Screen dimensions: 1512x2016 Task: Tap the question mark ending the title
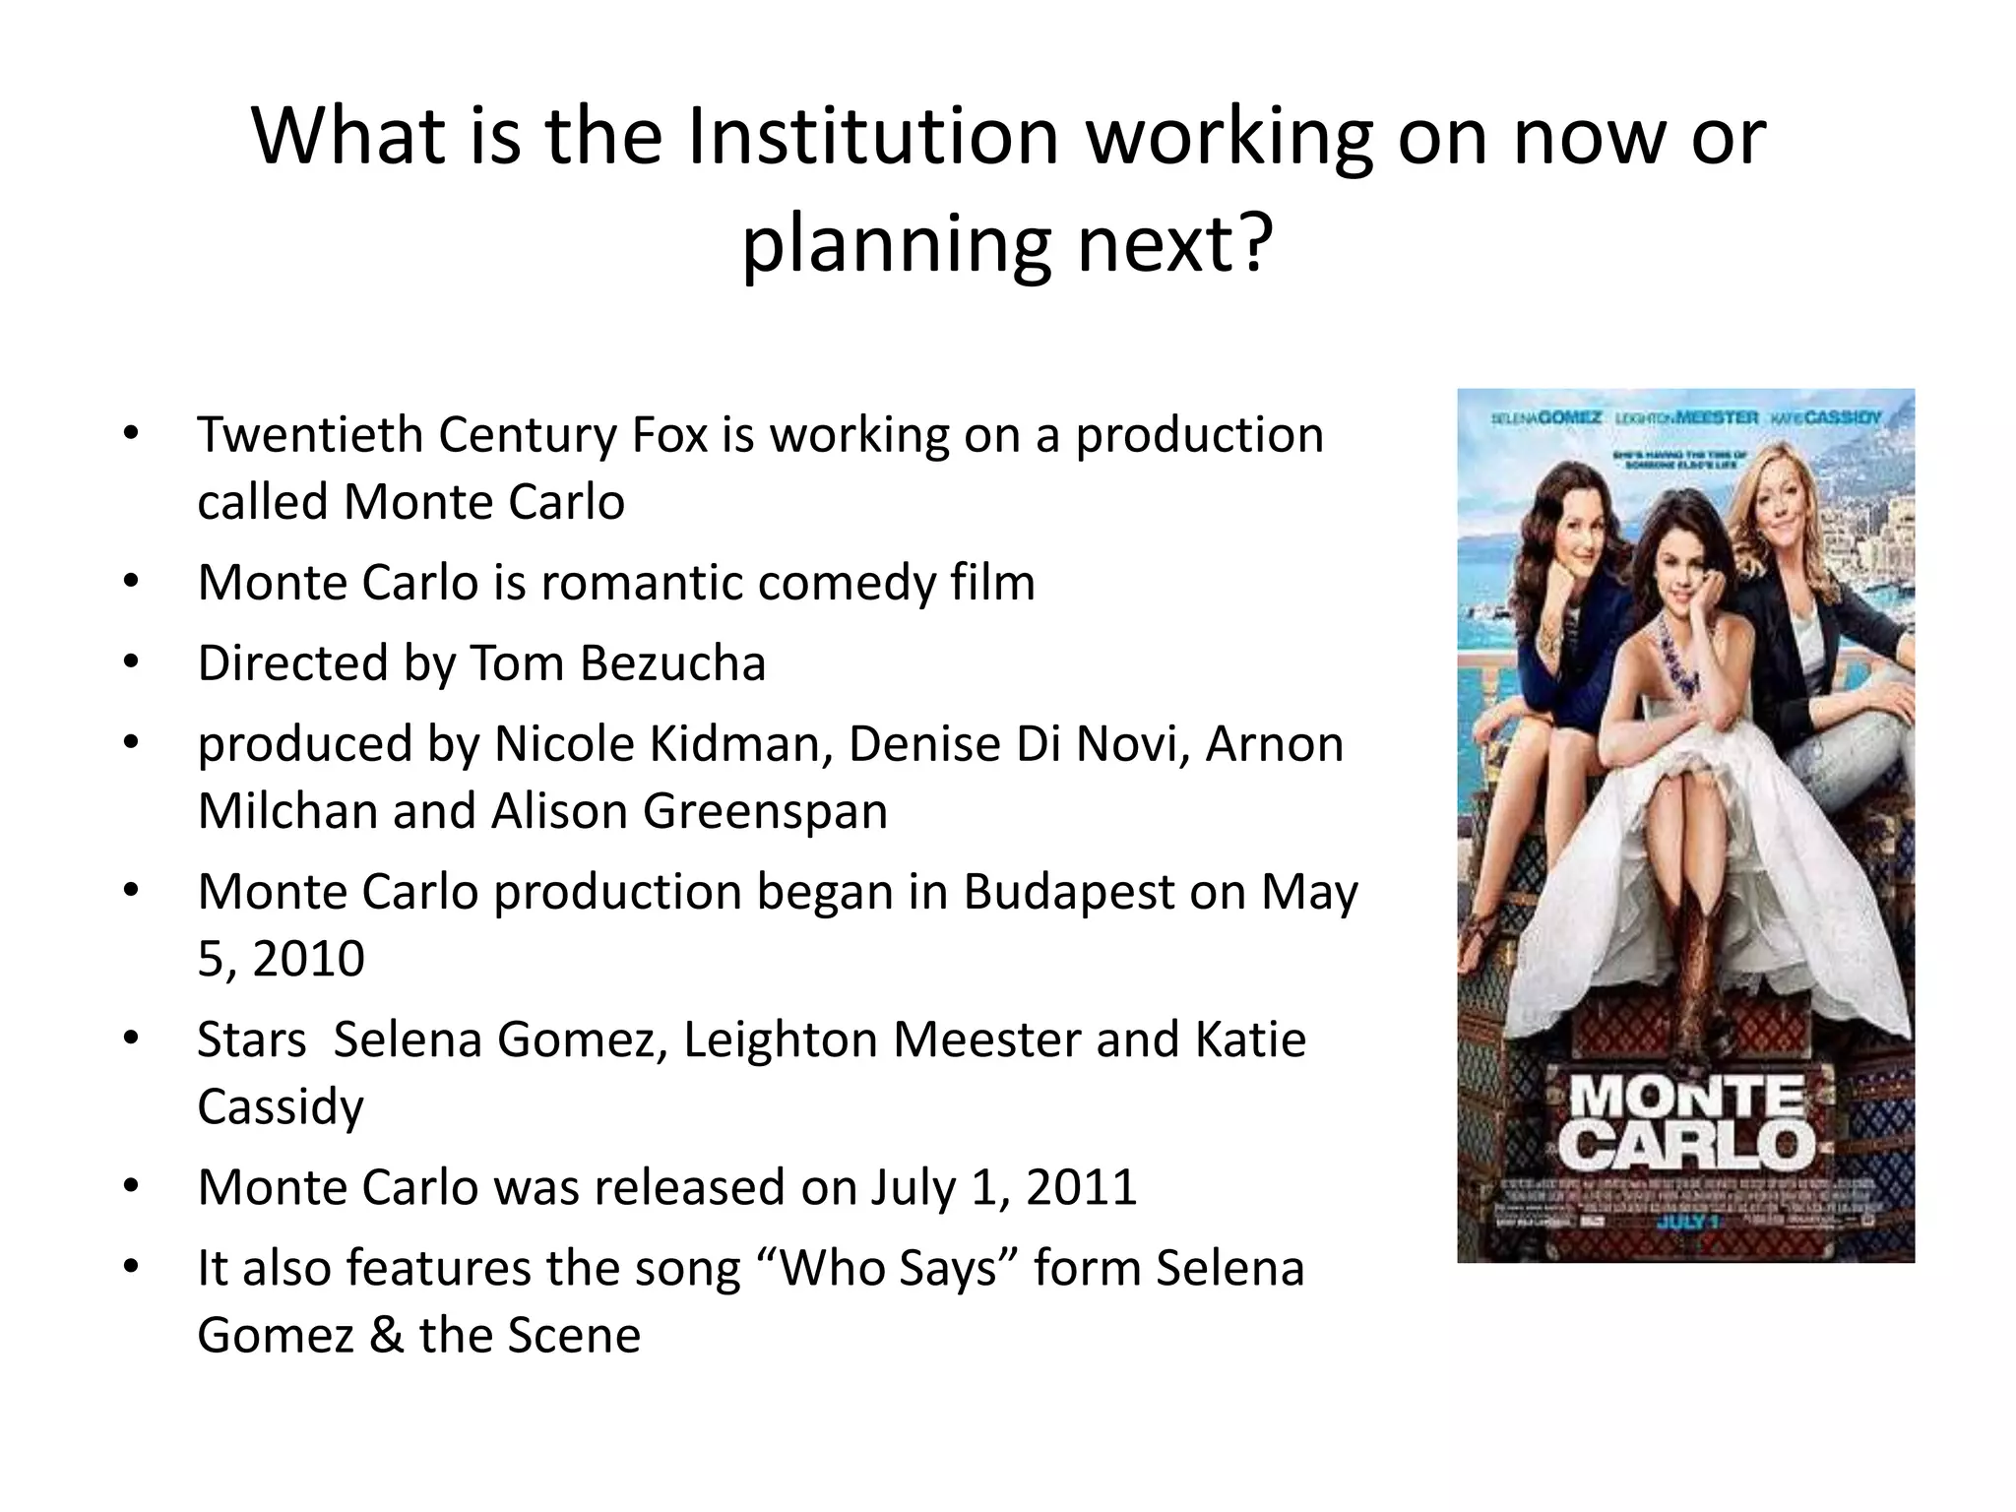tap(1252, 244)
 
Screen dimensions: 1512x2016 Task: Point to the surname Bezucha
tap(673, 662)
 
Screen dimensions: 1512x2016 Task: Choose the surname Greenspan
tap(765, 811)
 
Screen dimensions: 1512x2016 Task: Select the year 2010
tap(308, 959)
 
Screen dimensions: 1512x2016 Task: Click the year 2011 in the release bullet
tap(1081, 1187)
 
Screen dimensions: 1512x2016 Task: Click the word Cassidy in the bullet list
tap(280, 1106)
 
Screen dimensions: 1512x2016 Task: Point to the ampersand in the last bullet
tap(387, 1336)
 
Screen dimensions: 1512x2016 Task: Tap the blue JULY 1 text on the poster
tap(1686, 1223)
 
